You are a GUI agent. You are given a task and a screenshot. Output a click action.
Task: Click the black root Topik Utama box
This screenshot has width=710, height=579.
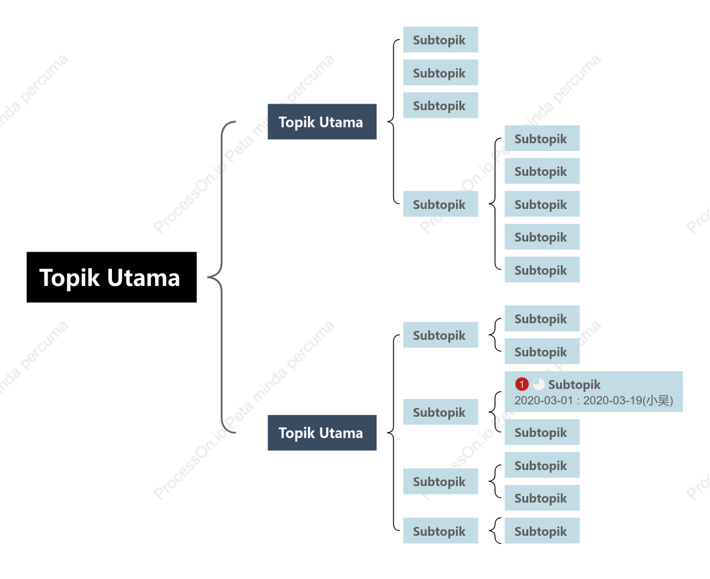(111, 277)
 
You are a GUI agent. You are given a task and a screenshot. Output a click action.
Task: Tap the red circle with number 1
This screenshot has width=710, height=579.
(522, 384)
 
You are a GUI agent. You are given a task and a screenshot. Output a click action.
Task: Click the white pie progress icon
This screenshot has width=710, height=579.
(539, 384)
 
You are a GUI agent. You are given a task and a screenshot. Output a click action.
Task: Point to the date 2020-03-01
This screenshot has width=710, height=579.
(544, 401)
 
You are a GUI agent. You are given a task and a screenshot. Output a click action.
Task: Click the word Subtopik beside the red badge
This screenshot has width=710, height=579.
(574, 385)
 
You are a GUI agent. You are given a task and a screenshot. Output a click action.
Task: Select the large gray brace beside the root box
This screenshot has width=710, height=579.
(221, 277)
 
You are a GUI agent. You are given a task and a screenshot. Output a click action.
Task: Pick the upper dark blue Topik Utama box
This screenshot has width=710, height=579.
(322, 122)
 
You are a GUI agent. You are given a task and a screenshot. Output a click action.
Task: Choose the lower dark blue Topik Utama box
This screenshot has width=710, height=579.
(322, 433)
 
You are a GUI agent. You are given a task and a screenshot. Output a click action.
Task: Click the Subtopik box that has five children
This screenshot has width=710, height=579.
(441, 204)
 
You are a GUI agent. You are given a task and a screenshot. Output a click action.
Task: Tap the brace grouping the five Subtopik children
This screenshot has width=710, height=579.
(495, 204)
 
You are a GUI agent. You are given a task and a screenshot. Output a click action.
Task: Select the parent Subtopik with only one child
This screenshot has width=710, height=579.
(441, 530)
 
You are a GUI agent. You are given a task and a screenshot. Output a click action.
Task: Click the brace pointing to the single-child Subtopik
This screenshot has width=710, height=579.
(494, 530)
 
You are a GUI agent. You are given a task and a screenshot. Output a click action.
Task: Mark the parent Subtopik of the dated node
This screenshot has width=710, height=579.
(441, 412)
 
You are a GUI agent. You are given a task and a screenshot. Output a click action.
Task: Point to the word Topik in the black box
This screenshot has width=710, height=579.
(69, 278)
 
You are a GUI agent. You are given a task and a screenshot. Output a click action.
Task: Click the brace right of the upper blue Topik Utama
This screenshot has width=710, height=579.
(393, 122)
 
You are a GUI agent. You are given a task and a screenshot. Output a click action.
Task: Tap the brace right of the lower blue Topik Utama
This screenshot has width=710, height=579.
(393, 433)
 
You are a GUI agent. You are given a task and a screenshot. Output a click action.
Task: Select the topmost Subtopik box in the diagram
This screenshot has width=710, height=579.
(441, 40)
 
